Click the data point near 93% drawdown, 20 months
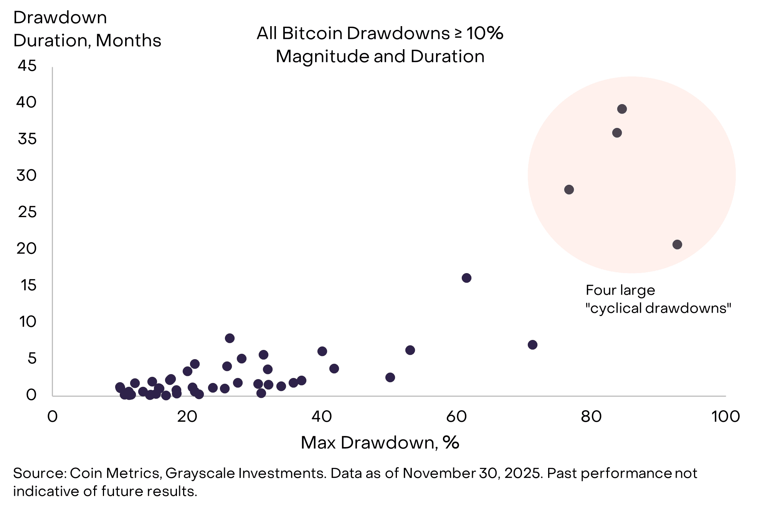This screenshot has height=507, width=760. pos(677,245)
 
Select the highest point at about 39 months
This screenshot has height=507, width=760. pos(622,109)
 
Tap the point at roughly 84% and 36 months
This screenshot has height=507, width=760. pos(617,133)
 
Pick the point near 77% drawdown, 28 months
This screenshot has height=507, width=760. pos(569,190)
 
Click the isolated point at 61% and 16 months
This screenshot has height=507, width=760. pos(466,278)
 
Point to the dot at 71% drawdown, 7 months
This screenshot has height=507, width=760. pos(532,345)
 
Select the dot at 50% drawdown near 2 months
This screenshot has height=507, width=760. pos(390,378)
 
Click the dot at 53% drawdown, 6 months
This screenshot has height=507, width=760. pos(410,350)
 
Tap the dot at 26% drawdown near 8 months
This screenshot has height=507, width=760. pos(230,338)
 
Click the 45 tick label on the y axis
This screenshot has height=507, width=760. pos(27,66)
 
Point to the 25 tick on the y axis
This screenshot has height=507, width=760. pos(27,212)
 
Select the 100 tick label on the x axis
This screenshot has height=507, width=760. pos(725,417)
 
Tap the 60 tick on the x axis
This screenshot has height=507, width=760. pos(456,417)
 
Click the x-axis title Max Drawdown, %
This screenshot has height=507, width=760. pos(380,443)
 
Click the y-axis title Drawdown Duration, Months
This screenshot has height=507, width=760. pos(87,29)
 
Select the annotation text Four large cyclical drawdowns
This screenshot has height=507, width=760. pos(658,300)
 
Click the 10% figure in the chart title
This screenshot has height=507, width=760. pos(484,33)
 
